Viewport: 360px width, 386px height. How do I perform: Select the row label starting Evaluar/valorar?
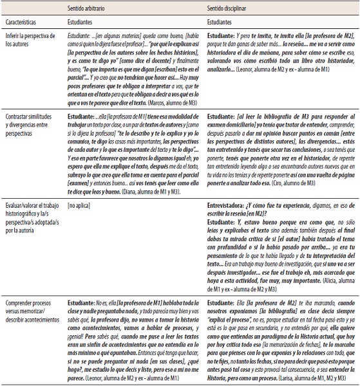coord(32,205)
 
